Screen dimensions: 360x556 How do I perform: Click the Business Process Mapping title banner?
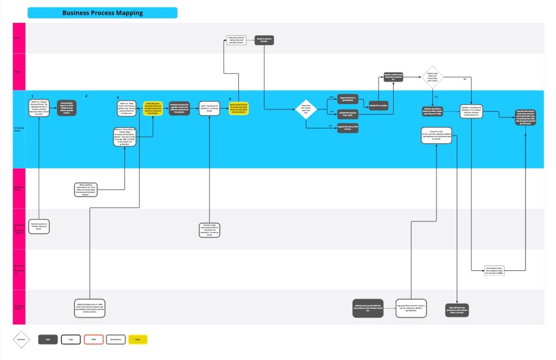tap(102, 12)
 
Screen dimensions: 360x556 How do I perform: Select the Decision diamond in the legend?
tap(21, 339)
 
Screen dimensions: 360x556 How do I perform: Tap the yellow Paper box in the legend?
tap(137, 339)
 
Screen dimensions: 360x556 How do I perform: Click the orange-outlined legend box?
tap(93, 339)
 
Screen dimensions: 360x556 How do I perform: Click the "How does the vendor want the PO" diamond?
tap(306, 110)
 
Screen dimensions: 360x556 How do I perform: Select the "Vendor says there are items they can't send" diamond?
tap(433, 77)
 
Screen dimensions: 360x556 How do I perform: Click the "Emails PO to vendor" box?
tap(378, 105)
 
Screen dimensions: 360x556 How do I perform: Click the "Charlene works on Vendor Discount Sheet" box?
tap(39, 227)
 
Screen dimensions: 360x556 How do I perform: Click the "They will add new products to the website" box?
tap(457, 309)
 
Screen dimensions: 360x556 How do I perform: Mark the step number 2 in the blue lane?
tap(86, 96)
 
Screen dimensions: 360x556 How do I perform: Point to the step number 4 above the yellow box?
tap(230, 98)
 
